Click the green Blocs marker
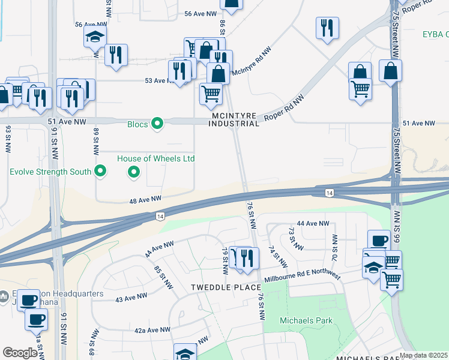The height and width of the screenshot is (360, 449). click(x=157, y=124)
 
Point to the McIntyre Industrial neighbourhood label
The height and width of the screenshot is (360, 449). click(x=234, y=119)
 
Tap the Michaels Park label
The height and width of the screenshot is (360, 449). click(x=306, y=320)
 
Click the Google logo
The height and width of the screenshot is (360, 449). click(x=19, y=352)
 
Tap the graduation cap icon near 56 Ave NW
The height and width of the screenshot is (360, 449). click(x=95, y=37)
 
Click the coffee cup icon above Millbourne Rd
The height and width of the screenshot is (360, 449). click(x=378, y=241)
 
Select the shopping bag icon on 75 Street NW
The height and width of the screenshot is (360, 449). click(x=390, y=70)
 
